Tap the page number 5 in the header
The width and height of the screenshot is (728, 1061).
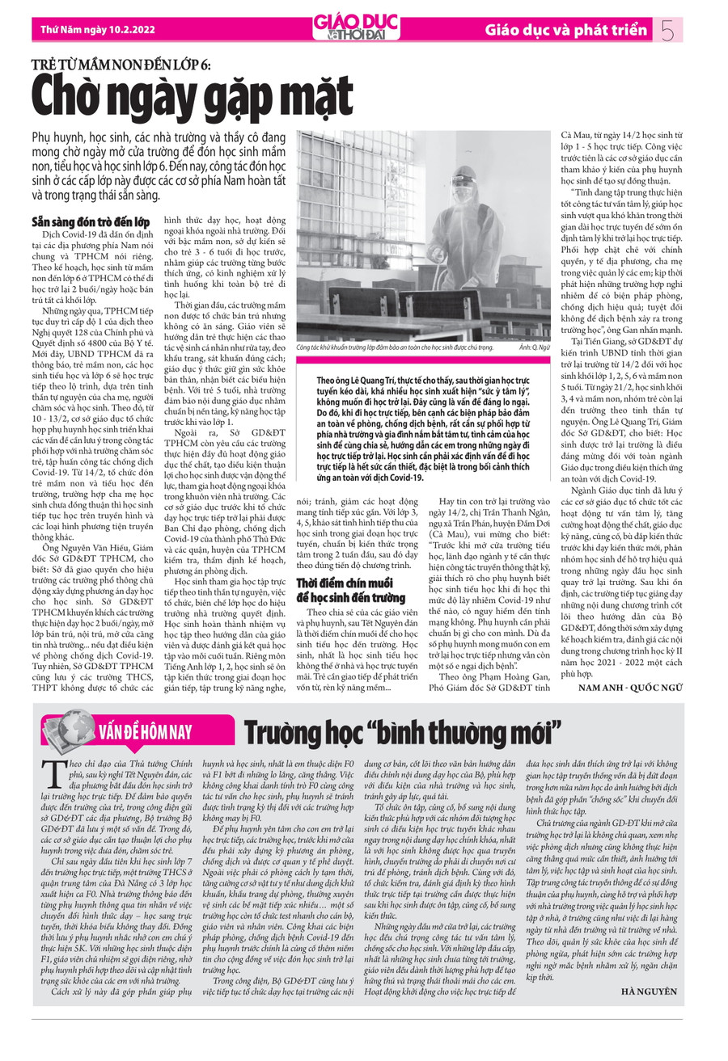[x=667, y=31]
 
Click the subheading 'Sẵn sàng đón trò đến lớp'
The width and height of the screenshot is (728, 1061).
[x=90, y=221]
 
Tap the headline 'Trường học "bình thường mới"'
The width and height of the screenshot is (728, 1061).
[x=402, y=733]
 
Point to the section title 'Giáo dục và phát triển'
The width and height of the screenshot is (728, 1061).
[x=566, y=31]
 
